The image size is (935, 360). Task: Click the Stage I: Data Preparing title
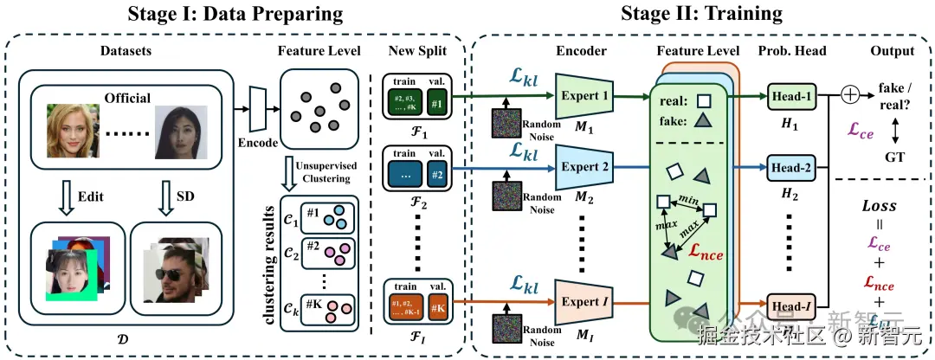pyautogui.click(x=235, y=14)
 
